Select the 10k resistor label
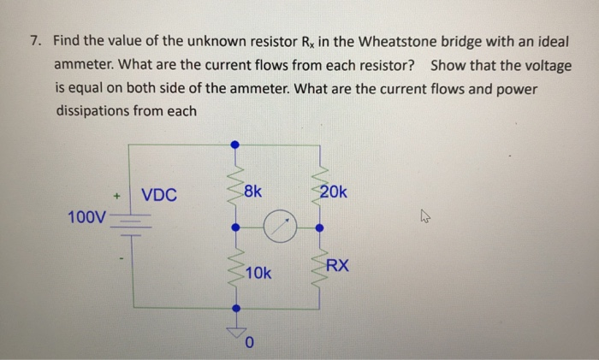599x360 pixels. click(x=258, y=274)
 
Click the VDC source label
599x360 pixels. click(x=160, y=195)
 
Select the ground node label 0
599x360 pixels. click(x=249, y=344)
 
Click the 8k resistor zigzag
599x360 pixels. click(x=233, y=187)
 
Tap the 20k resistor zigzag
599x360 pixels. click(x=319, y=186)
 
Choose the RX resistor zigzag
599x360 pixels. click(x=319, y=268)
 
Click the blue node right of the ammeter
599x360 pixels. click(x=319, y=228)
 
